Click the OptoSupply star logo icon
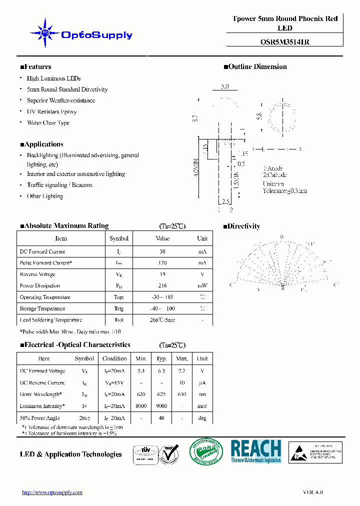(x=45, y=34)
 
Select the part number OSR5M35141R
(x=285, y=42)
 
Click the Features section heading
(x=35, y=66)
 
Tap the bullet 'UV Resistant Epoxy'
(x=51, y=111)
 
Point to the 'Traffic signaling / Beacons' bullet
(x=59, y=185)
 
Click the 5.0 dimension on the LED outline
(x=224, y=86)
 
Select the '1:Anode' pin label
(x=273, y=168)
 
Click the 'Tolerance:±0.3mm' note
(x=284, y=190)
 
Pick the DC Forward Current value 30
(x=162, y=251)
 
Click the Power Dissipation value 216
(x=162, y=285)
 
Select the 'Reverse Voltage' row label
(x=37, y=274)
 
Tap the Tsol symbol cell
(x=118, y=319)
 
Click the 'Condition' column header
(x=114, y=358)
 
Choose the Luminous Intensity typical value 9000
(x=161, y=406)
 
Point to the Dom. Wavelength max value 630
(x=182, y=394)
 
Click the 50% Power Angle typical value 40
(x=161, y=418)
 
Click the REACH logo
(x=256, y=451)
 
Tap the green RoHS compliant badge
(x=206, y=452)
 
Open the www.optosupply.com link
(x=52, y=492)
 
